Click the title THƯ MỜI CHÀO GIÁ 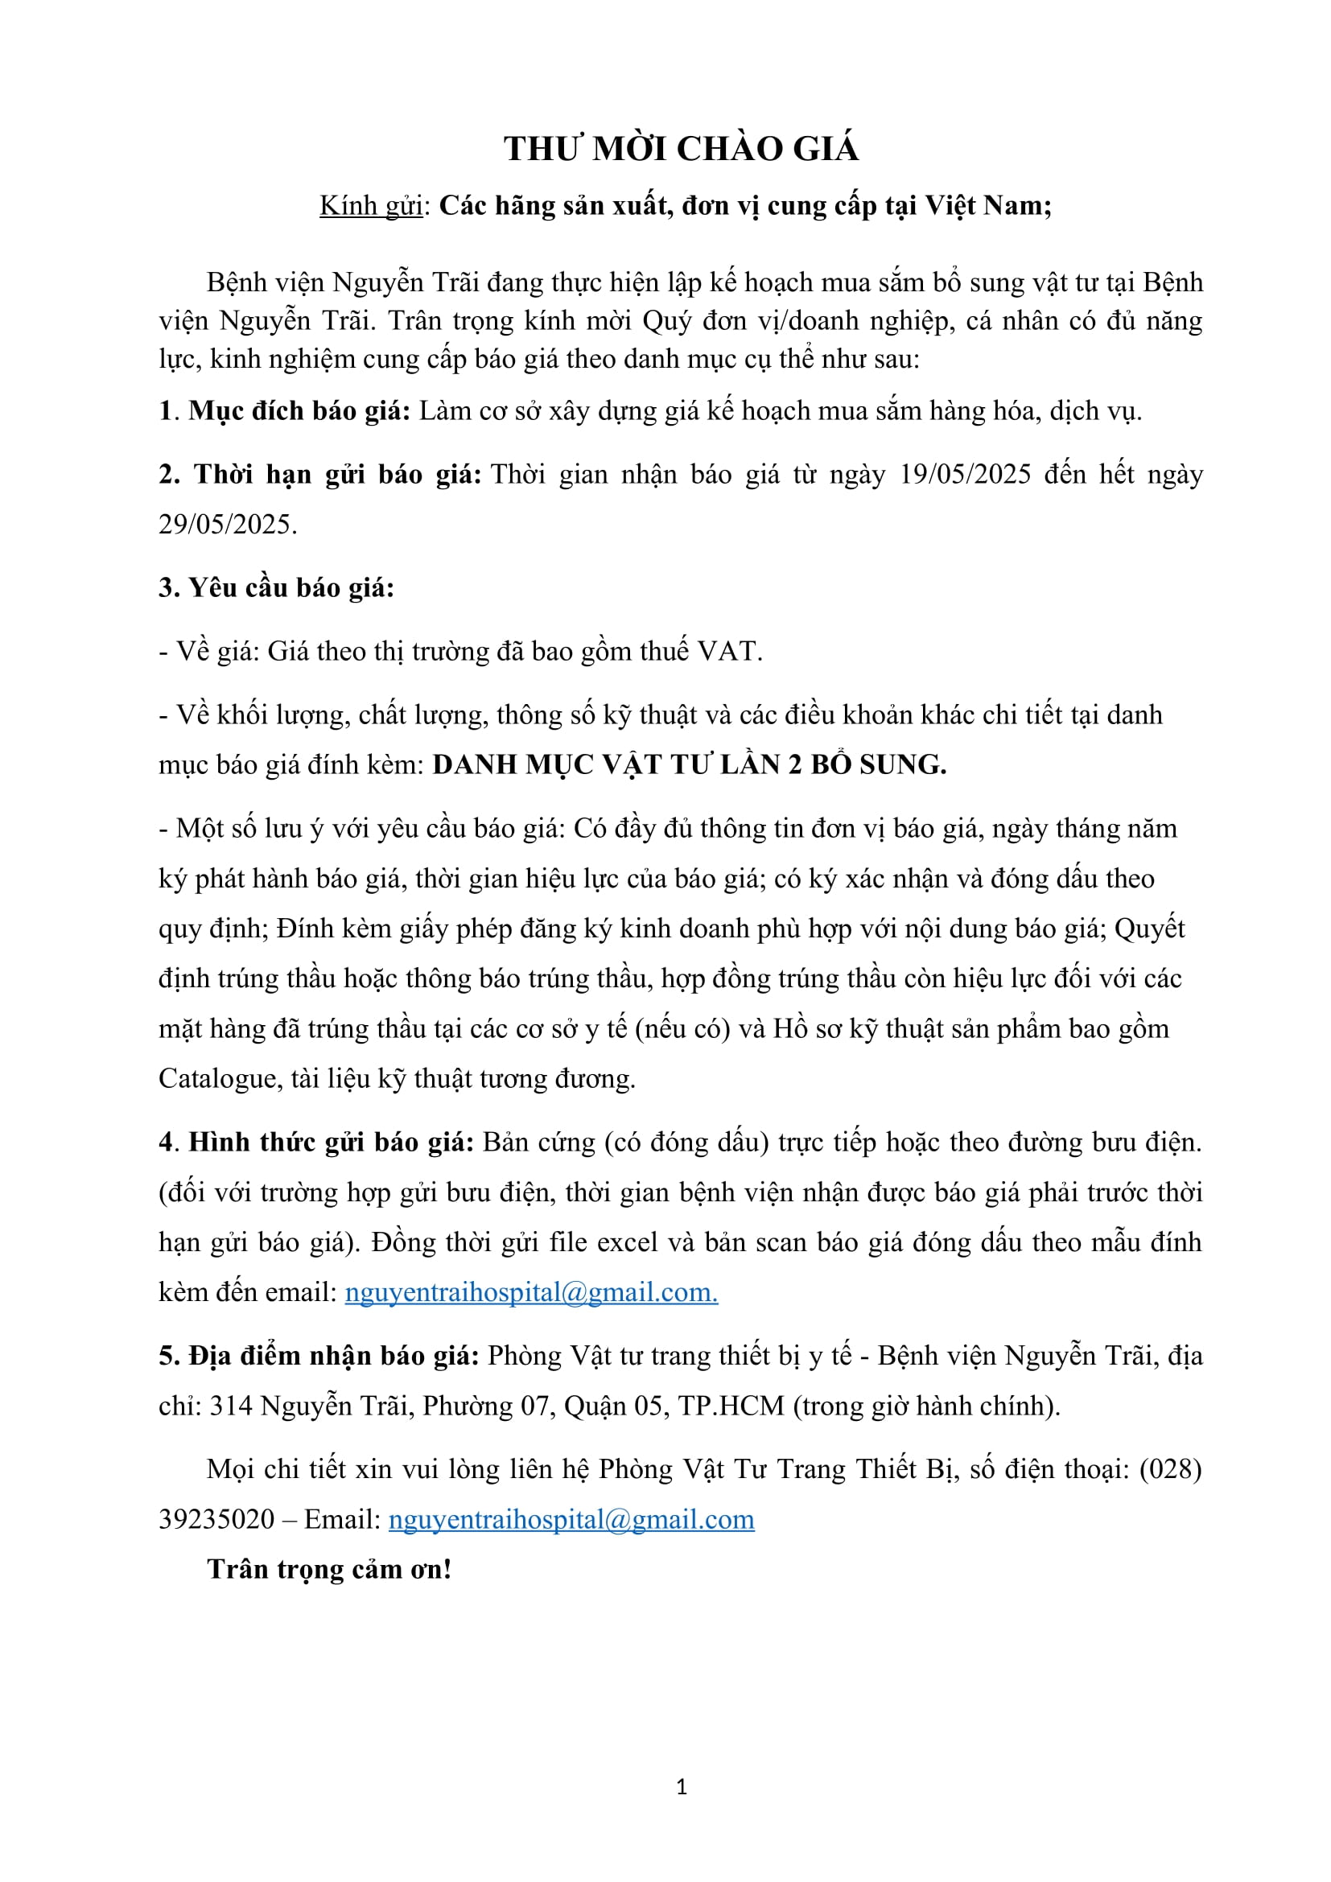pos(681,149)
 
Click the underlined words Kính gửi pos(370,206)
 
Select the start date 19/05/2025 pos(965,475)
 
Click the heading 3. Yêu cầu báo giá pos(276,587)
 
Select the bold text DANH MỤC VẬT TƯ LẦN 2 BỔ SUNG pos(690,764)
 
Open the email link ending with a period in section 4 pos(531,1293)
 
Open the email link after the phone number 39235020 pos(571,1520)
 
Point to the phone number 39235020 pos(216,1520)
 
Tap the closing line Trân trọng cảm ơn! pos(329,1570)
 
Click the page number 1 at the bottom pos(682,1787)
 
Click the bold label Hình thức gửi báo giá pos(331,1143)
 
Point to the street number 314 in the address pos(231,1406)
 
